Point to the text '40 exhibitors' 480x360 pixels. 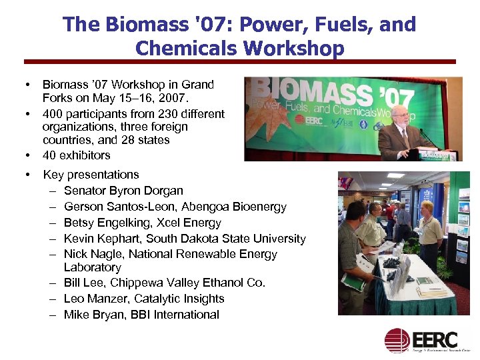(76, 155)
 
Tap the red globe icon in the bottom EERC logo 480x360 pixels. (396, 339)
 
